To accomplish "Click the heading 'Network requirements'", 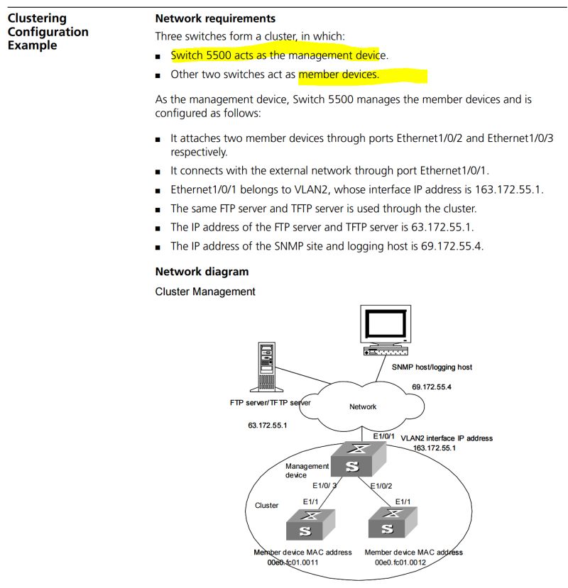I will coord(215,18).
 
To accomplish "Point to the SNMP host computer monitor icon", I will coord(386,328).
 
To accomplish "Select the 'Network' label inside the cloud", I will coord(363,406).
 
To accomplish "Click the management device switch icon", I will coord(353,460).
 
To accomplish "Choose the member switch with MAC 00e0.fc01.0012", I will coord(388,526).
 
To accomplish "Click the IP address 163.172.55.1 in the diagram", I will coord(434,448).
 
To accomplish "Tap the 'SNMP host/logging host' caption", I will coord(432,367).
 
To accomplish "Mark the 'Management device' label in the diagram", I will coord(307,470).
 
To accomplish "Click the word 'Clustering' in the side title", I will coord(37,18).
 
